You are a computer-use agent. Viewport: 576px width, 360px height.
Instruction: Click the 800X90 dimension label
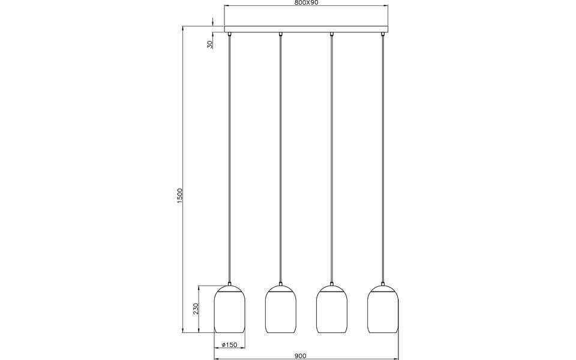tap(306, 3)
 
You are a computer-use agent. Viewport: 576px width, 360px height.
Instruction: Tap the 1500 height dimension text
tap(179, 196)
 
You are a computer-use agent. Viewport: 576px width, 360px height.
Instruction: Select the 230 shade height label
tap(196, 308)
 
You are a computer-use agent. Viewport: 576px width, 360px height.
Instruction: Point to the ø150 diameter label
tap(230, 345)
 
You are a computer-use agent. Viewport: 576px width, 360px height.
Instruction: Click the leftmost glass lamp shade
tap(230, 310)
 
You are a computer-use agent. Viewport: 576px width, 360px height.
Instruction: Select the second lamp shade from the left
tap(281, 310)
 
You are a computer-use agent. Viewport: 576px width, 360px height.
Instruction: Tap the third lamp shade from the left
tap(332, 310)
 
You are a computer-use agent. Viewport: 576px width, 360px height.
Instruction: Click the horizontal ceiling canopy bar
tap(306, 29)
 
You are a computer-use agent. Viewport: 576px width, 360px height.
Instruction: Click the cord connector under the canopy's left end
tap(230, 35)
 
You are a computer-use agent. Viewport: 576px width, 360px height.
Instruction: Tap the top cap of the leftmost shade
tap(230, 286)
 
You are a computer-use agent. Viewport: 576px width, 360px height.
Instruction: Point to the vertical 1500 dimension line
tap(184, 120)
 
